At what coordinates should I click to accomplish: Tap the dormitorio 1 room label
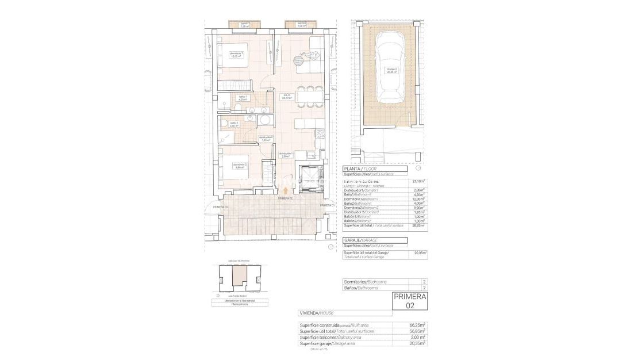(236, 55)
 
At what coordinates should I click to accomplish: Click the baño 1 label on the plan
(243, 98)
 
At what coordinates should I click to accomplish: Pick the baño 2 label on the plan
(233, 124)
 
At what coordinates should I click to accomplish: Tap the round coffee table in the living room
(299, 58)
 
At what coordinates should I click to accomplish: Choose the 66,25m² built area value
(417, 325)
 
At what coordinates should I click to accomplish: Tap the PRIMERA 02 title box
(410, 301)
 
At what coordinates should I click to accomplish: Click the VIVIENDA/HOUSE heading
(316, 313)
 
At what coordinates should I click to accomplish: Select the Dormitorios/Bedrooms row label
(364, 282)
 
